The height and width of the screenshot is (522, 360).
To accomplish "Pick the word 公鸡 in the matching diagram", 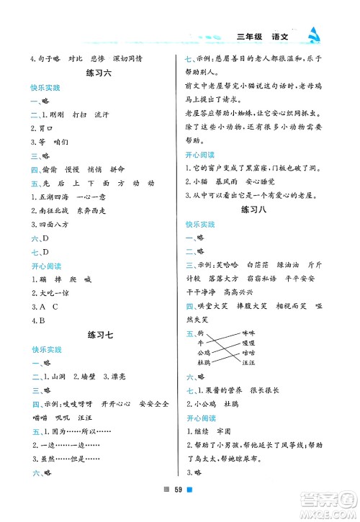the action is click(x=202, y=353).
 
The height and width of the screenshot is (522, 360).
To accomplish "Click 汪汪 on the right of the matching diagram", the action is click(x=248, y=363).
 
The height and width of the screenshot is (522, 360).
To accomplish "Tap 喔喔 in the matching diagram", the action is click(x=248, y=343).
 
